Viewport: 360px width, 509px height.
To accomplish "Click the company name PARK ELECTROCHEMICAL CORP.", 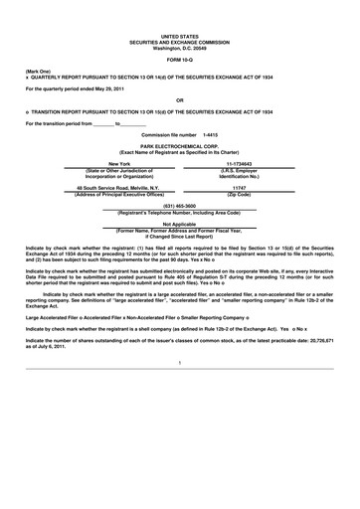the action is point(179,145).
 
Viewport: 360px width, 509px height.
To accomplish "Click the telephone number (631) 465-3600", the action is point(179,205).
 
